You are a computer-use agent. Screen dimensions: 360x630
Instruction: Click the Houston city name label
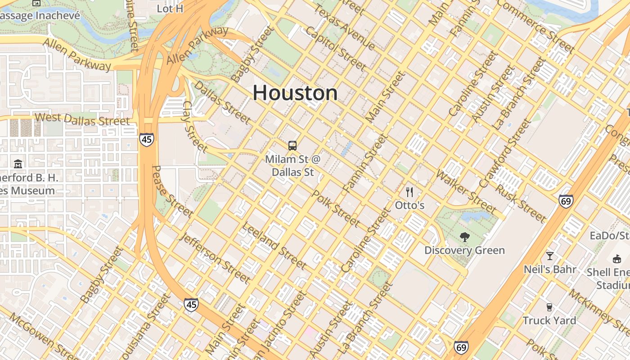click(x=295, y=93)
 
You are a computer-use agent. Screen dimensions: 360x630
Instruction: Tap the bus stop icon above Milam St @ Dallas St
click(x=292, y=145)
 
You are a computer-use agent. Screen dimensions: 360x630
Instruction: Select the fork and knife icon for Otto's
click(x=409, y=192)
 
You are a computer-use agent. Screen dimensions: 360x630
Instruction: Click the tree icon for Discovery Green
click(x=465, y=237)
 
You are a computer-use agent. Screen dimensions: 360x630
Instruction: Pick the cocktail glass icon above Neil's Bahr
click(x=549, y=256)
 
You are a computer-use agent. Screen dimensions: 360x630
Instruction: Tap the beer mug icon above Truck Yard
click(x=549, y=307)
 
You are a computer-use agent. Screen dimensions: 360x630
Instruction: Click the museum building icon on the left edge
click(x=18, y=164)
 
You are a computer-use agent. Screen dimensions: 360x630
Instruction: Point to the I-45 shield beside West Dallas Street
click(x=146, y=139)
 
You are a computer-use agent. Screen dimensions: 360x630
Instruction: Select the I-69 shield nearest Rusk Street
click(x=566, y=201)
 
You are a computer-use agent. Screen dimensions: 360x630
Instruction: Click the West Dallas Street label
click(x=82, y=119)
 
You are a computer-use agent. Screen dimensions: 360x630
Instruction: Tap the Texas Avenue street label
click(x=345, y=28)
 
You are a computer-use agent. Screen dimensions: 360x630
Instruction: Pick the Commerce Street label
click(x=535, y=26)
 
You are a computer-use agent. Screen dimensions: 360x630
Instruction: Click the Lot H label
click(x=170, y=9)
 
